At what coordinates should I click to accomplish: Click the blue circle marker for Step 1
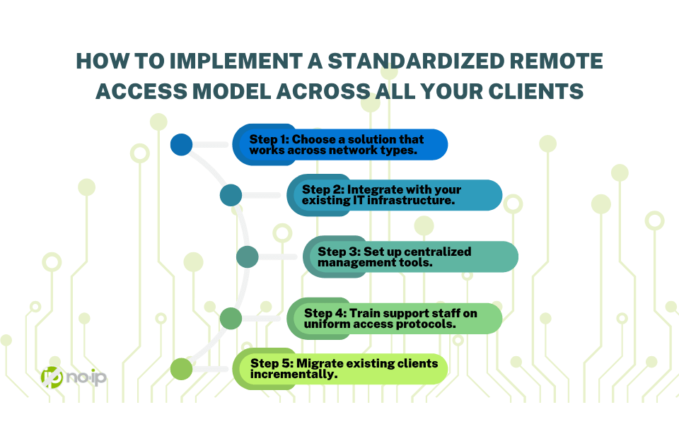coord(182,145)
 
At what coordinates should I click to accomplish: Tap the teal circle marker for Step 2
coord(231,195)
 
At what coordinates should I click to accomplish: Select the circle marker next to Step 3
coord(247,257)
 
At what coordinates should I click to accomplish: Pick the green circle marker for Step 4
coord(231,318)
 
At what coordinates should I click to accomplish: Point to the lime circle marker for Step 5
coord(182,368)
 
